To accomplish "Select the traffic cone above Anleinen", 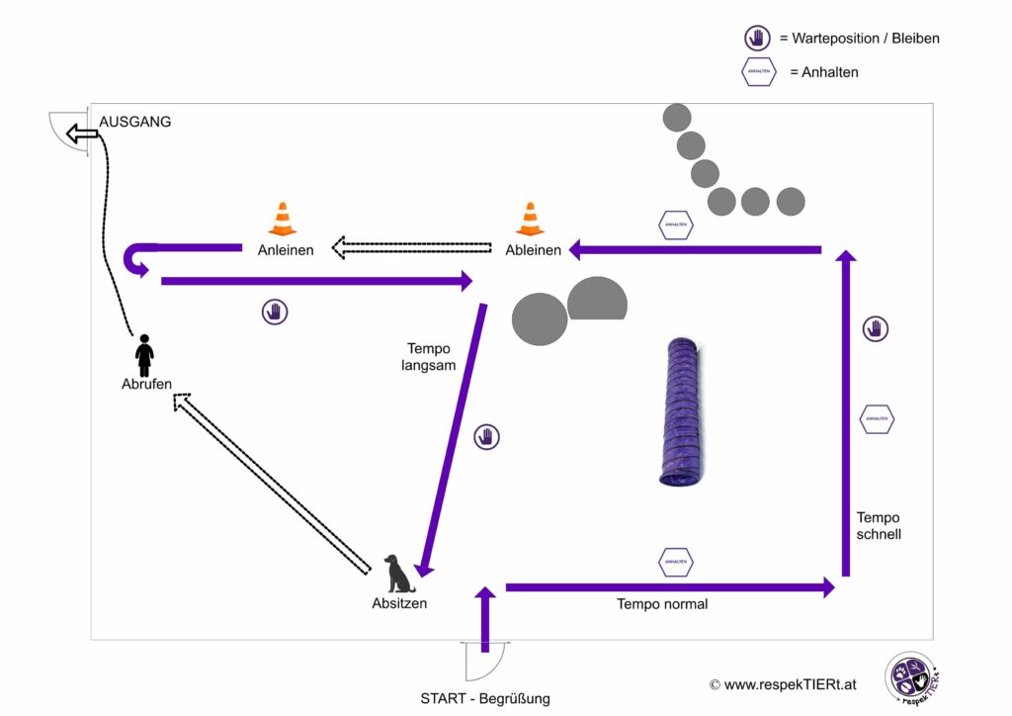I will point(283,220).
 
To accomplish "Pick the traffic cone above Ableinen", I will point(531,220).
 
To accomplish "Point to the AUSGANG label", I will point(135,122).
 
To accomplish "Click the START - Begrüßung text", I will point(484,698).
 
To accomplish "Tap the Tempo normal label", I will point(662,603).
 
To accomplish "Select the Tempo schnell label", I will point(879,526).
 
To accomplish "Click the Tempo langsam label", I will point(429,357).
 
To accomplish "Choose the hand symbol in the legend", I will point(757,39).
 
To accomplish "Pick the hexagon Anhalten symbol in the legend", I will point(758,72).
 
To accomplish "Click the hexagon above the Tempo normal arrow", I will point(676,562).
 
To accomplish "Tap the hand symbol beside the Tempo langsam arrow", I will point(486,436).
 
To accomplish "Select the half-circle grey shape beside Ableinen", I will point(597,300).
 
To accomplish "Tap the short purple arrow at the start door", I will point(484,619).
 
